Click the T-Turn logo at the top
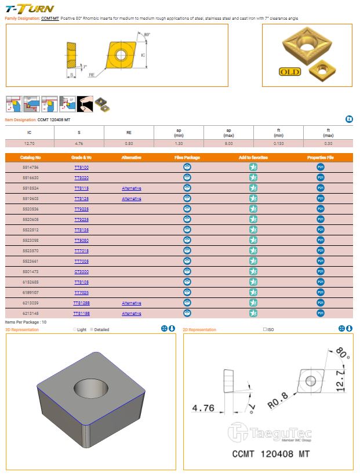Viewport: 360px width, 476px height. (30, 8)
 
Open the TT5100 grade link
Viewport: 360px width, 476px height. (81, 168)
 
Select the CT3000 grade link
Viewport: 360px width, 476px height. (81, 271)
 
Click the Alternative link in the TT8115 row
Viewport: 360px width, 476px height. (132, 188)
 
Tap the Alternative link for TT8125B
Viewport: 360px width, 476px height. (132, 303)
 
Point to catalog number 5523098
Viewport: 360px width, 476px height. (30, 240)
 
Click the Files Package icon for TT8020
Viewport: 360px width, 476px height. (187, 178)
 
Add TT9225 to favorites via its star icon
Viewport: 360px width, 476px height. (253, 209)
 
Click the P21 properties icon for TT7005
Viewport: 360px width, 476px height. (321, 261)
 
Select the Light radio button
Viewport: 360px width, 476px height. (75, 330)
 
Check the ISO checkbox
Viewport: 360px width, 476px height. (265, 330)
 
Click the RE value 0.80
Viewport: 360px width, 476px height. (129, 143)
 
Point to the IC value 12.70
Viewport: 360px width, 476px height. (29, 143)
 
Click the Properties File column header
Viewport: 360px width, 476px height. (321, 157)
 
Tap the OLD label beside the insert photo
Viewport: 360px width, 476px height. (290, 72)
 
